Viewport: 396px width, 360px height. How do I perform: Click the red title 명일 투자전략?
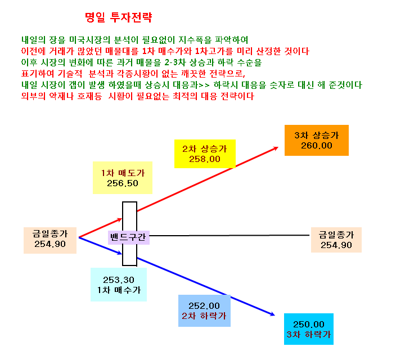coord(119,17)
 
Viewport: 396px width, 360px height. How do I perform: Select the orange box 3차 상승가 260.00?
coord(317,140)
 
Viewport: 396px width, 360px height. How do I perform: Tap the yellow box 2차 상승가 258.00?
coord(205,154)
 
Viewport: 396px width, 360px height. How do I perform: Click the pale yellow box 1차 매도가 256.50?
coord(123,178)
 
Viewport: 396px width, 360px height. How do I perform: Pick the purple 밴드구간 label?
coord(129,237)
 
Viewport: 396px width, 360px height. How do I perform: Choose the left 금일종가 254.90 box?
coord(50,240)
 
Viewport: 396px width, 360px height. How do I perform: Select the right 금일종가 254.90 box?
coord(336,240)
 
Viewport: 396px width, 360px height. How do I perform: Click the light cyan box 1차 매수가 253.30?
coord(119,285)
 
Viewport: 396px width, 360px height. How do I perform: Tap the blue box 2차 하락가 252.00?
coord(204,310)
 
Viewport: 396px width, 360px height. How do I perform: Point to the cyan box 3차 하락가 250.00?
coord(309,329)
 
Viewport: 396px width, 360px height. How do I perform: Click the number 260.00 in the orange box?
coord(317,146)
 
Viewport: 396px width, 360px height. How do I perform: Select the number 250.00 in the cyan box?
coord(309,324)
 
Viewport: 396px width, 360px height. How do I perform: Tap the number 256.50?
coord(123,183)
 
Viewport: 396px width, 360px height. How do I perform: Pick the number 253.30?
coord(119,280)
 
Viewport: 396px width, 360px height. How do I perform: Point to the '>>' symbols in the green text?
coord(204,85)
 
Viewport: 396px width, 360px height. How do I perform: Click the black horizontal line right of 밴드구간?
coord(229,236)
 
